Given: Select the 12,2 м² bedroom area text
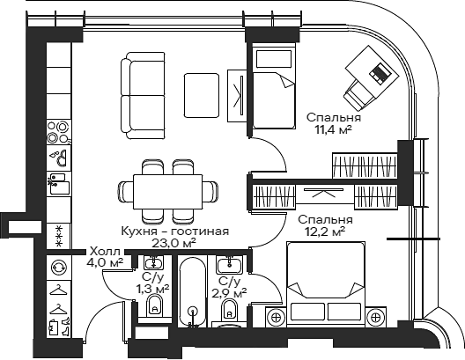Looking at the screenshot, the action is pos(325,232).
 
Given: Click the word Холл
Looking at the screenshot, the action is pos(105,252).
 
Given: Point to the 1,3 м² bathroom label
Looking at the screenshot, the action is pos(152,289).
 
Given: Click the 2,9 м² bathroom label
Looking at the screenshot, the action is pos(230,294).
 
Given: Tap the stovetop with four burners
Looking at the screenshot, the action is pos(59,132).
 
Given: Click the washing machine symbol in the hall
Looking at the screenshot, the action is pos(59,268).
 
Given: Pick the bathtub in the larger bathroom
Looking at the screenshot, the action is pos(193,292).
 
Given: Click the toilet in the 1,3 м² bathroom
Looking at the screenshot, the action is pos(155,305).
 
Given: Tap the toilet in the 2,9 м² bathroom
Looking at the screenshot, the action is pos(229,309).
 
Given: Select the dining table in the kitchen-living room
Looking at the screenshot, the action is pos(167,192).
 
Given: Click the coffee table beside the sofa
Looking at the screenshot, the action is pos(202,95).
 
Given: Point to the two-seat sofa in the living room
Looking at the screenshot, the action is pos(143,95).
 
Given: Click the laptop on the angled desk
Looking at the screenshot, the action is pos(379,73).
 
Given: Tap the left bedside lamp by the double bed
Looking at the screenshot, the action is pos(276,318).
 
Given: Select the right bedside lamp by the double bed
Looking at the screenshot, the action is pos(375,318).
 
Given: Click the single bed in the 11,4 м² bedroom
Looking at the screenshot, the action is pos(273,86).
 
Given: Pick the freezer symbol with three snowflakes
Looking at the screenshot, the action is pos(59,236).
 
